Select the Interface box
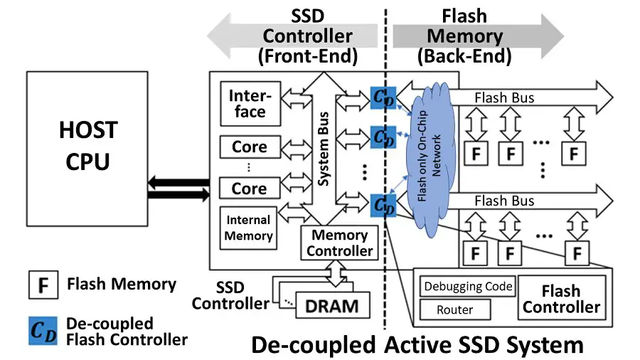click(247, 103)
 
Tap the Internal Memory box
click(248, 228)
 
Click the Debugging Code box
click(468, 287)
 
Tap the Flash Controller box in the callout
click(561, 299)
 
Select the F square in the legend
click(43, 286)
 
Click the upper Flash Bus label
click(504, 97)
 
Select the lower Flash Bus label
click(504, 201)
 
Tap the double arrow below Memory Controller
click(335, 271)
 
